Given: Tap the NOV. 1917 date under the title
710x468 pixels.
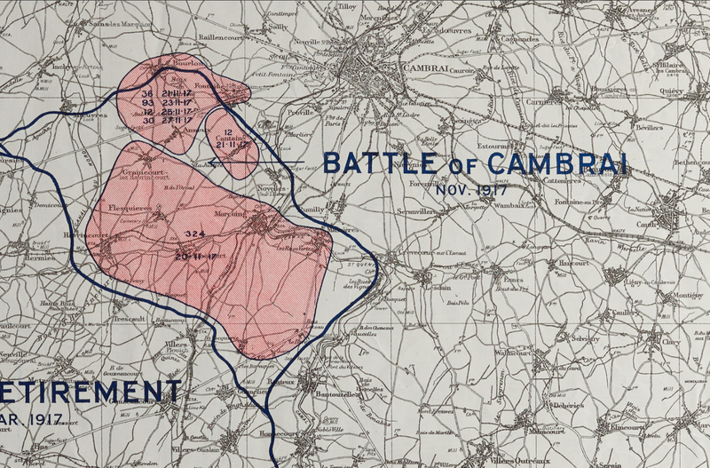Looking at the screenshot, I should click(x=469, y=188).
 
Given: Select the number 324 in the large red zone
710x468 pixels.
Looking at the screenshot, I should click(x=195, y=233).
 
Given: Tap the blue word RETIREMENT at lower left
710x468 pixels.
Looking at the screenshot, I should click(x=89, y=392).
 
